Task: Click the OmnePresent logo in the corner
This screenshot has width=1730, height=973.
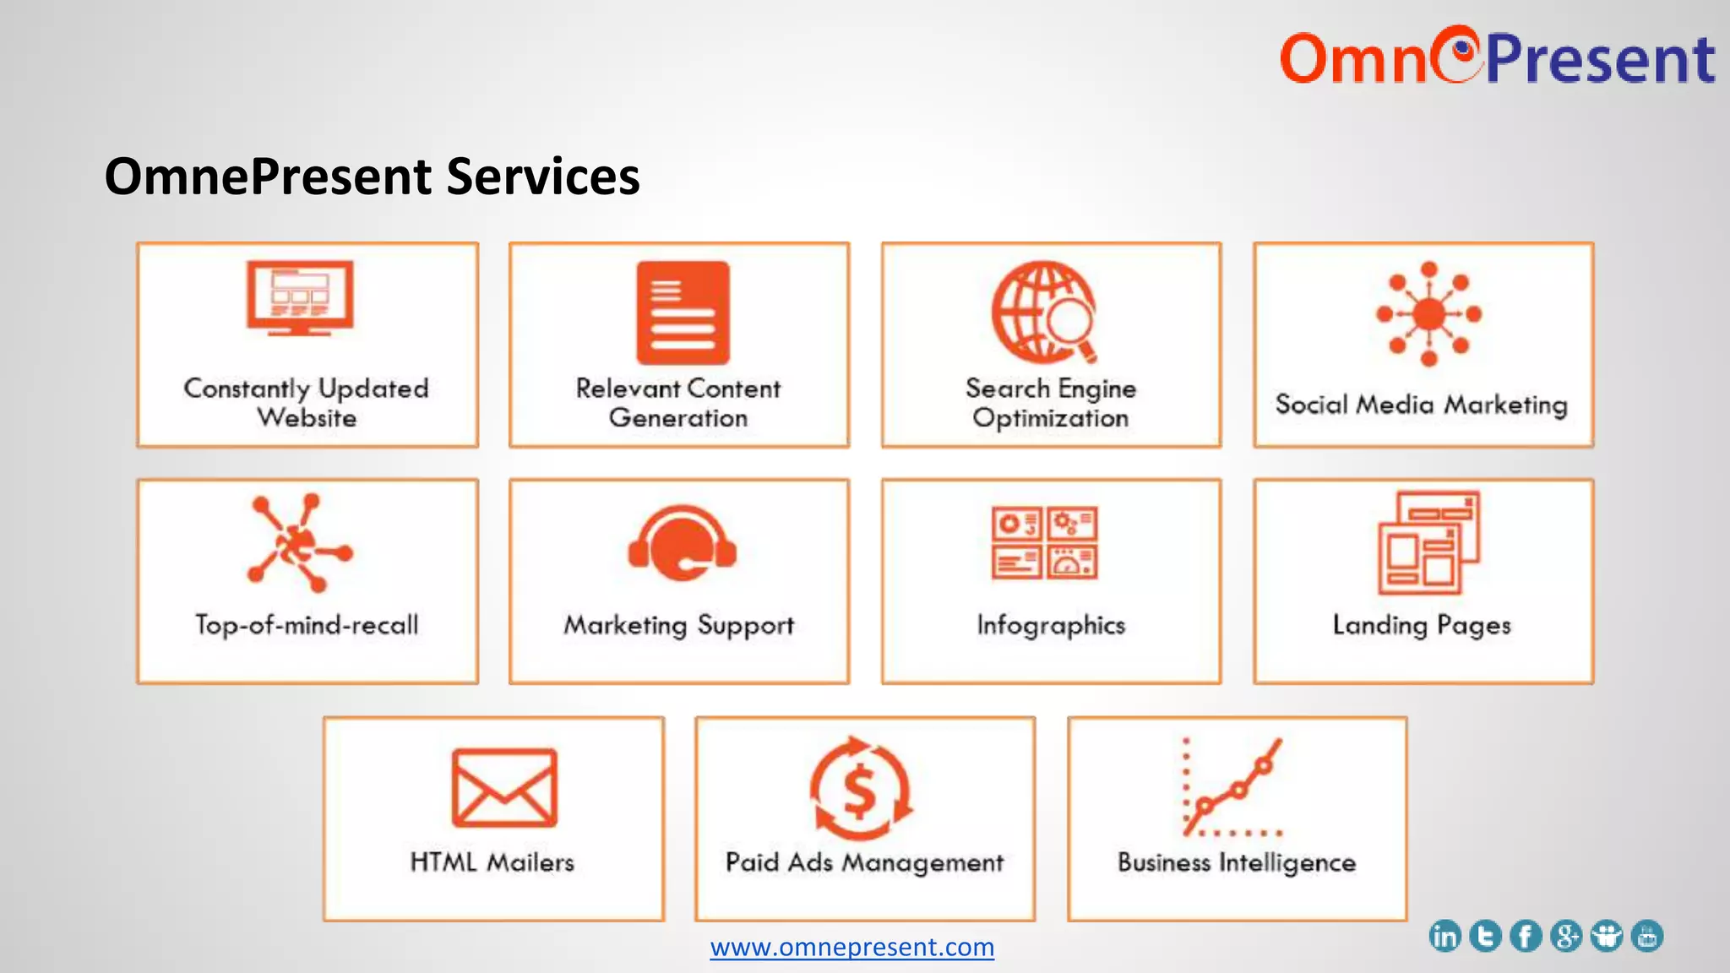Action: coord(1497,57)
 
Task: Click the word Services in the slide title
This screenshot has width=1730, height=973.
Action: coord(542,177)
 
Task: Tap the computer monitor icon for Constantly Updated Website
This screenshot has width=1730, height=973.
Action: coord(300,297)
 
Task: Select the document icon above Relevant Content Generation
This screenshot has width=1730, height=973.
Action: coord(683,313)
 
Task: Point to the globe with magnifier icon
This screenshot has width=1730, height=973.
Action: coord(1045,312)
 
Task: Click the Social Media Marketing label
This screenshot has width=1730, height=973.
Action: coord(1422,405)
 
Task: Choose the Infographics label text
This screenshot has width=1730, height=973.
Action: coord(1051,625)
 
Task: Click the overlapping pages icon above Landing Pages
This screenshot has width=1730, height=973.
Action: coord(1428,542)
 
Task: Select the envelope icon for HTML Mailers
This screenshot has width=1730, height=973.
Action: coord(504,787)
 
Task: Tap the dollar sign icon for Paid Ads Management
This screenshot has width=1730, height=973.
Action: coord(861,789)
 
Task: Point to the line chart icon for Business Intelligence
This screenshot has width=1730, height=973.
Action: coord(1232,787)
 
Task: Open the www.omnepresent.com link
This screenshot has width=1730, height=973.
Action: coord(851,947)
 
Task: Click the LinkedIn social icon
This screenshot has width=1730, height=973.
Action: coord(1444,936)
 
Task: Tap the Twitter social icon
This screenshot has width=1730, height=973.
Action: coord(1485,936)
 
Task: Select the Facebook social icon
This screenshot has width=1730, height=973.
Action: coord(1526,936)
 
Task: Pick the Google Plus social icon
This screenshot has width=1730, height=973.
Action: coord(1566,936)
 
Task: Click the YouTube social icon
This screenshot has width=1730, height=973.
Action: coord(1647,936)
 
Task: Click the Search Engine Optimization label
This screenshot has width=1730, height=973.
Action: coord(1051,403)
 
